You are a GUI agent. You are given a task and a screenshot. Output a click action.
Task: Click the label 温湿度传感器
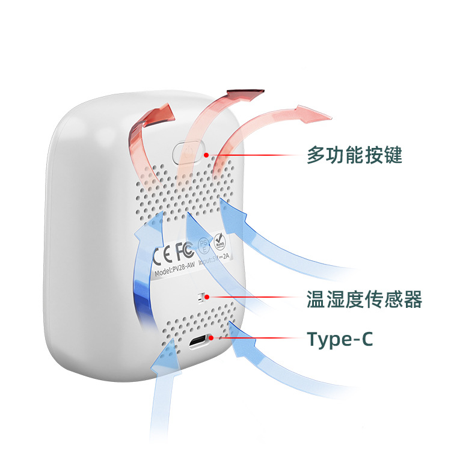tap(364, 298)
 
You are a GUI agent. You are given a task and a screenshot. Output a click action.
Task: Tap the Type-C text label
tap(340, 339)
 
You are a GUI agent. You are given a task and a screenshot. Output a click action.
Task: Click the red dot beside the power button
tap(206, 155)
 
